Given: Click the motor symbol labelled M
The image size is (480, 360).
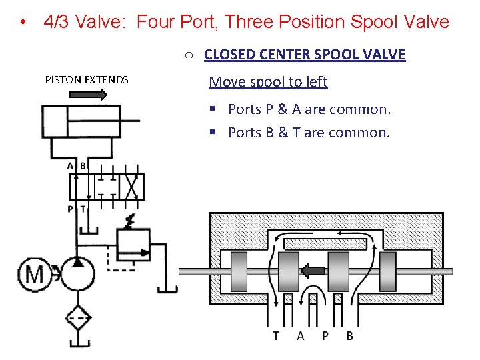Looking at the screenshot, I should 35,273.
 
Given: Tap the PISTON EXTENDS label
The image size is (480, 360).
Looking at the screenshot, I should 87,80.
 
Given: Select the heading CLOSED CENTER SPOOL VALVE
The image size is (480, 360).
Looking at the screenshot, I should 305,55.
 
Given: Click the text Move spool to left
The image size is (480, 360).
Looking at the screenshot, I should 268,82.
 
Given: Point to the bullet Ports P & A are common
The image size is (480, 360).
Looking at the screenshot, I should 309,109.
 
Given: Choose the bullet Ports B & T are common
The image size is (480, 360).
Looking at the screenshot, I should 308,133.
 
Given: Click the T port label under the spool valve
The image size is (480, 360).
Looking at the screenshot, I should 276,336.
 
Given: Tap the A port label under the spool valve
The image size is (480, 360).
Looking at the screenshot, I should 301,336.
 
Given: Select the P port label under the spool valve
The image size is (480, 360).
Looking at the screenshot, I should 325,336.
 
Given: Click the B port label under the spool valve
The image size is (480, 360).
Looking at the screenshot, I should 350,336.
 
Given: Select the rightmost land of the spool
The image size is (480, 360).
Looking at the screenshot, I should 389,271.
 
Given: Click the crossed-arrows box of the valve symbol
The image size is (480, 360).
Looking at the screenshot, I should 133,187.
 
